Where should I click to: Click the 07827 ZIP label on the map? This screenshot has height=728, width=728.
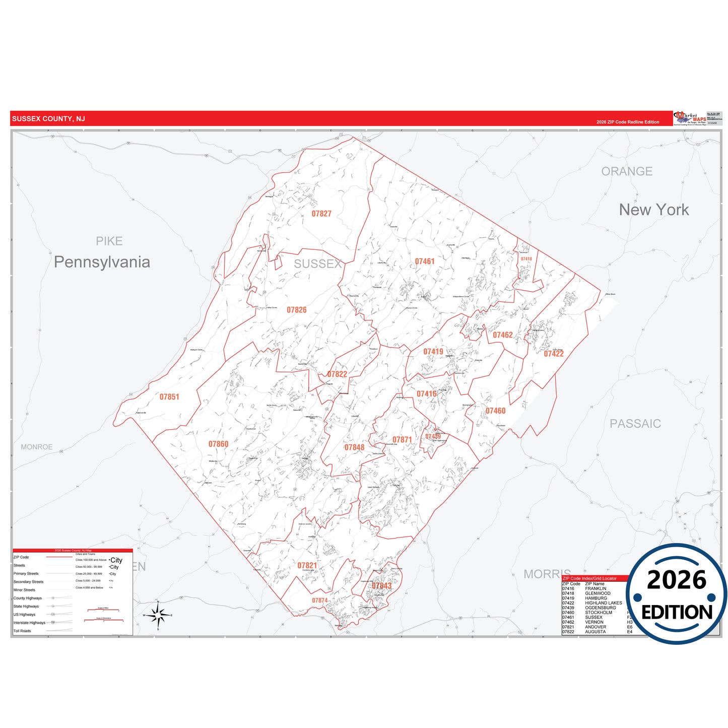[x=321, y=214]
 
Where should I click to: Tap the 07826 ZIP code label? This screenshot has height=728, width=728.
[x=297, y=310]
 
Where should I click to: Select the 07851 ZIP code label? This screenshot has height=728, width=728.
[x=169, y=397]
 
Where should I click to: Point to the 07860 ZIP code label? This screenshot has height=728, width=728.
[x=218, y=444]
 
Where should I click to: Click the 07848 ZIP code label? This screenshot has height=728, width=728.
[x=354, y=447]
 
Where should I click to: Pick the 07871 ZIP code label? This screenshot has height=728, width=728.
[x=402, y=440]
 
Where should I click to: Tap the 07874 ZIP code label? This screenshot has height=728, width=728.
[x=319, y=601]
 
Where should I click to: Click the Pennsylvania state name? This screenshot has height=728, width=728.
[x=102, y=262]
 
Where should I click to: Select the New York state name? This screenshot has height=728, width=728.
[x=654, y=210]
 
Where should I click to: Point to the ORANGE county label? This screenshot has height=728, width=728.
[x=627, y=171]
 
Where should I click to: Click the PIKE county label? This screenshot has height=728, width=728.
[x=109, y=241]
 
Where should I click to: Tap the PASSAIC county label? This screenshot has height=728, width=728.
[x=635, y=424]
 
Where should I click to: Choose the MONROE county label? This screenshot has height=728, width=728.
[x=37, y=447]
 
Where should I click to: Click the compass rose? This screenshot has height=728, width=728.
[x=158, y=615]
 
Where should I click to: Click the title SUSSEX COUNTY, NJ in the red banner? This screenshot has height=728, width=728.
[x=48, y=119]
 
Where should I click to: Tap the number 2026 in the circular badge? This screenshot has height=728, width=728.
[x=677, y=580]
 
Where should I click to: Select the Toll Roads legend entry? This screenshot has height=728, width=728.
[x=22, y=631]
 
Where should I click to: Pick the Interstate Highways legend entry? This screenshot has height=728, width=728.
[x=29, y=623]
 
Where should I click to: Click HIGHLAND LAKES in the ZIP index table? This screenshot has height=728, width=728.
[x=603, y=603]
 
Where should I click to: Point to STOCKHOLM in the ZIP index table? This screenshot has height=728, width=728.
[x=599, y=613]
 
